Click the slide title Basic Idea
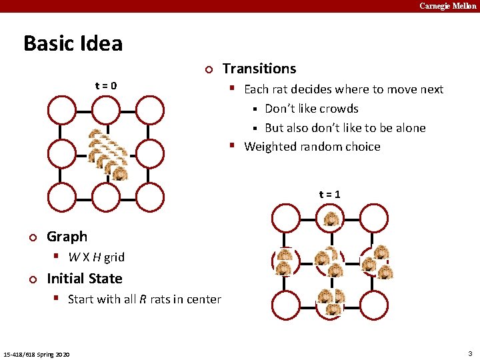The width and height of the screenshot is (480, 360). [73, 44]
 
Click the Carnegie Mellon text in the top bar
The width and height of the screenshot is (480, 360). [447, 6]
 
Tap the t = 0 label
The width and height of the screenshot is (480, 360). [106, 85]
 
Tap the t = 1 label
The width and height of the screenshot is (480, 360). [330, 194]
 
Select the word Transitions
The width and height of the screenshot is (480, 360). [259, 69]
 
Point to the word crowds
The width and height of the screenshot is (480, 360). [340, 109]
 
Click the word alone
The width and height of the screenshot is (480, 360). [407, 128]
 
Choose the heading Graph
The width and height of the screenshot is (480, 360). [67, 237]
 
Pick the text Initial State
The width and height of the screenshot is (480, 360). [85, 279]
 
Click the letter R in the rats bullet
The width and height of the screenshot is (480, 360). [143, 299]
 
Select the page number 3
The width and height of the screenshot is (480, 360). [470, 353]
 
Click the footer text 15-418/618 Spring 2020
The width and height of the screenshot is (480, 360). [38, 353]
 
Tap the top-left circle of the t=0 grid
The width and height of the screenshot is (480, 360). [61, 110]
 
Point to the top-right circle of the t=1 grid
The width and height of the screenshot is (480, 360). [374, 218]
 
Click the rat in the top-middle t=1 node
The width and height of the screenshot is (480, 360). [330, 218]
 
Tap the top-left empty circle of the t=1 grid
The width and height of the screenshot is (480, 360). [285, 218]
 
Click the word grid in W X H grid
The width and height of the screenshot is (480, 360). [113, 257]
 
